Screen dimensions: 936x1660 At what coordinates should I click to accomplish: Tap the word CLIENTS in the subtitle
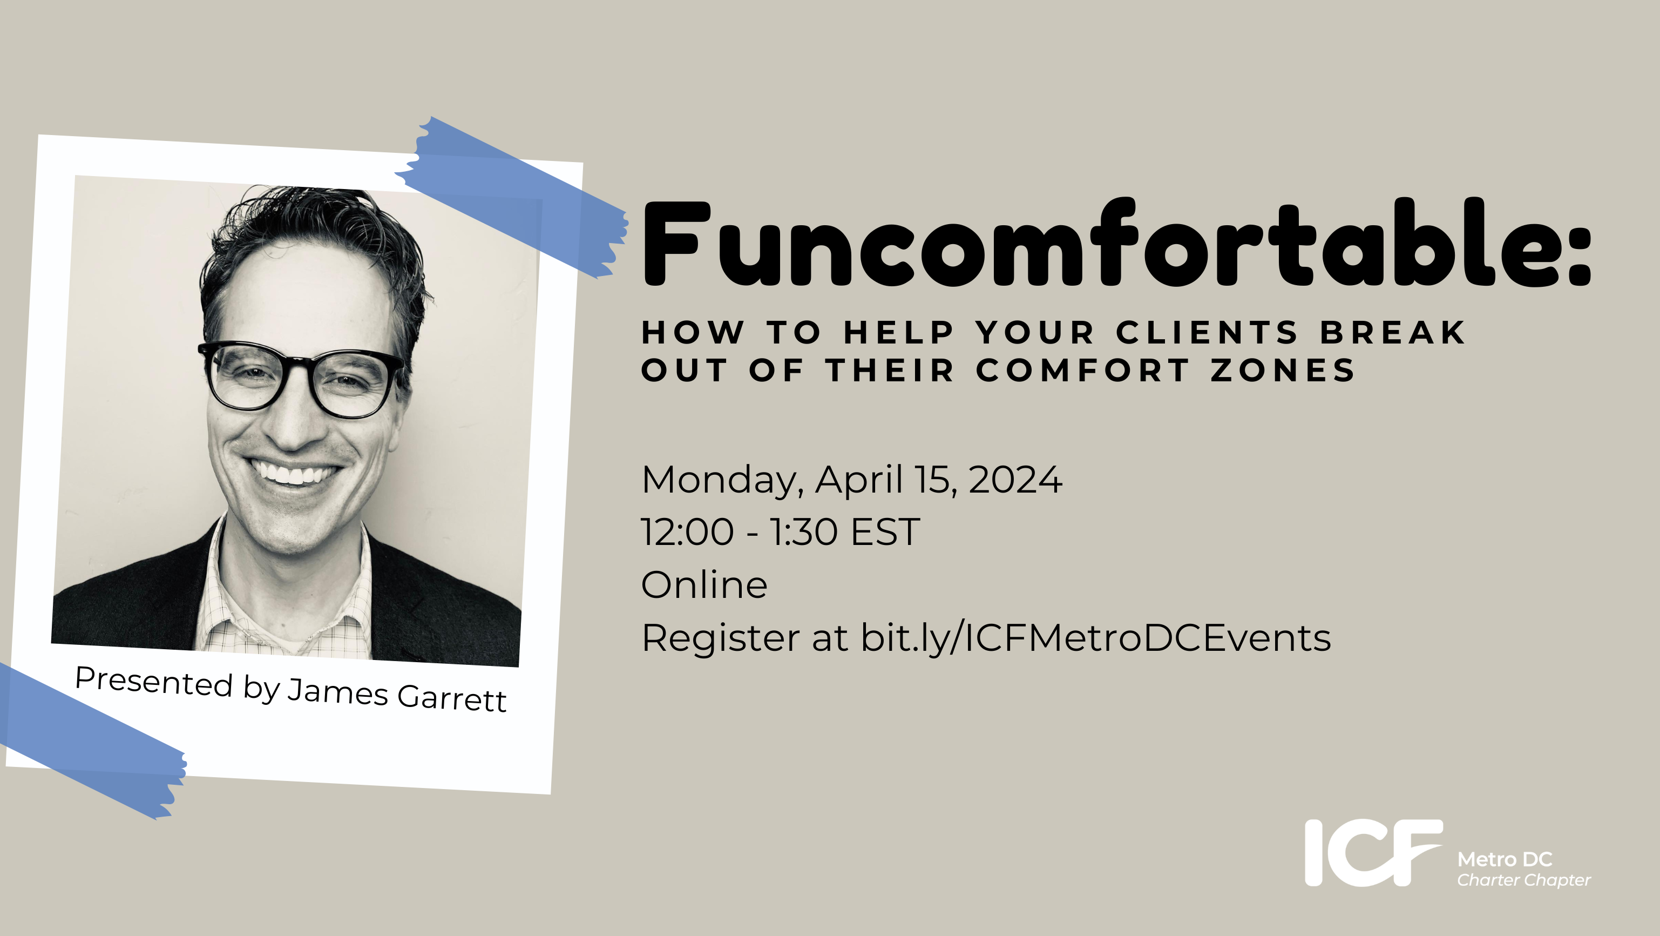(x=1207, y=333)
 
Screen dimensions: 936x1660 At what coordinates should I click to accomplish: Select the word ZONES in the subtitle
(x=1283, y=371)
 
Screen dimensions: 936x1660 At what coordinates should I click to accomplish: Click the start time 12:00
(x=687, y=533)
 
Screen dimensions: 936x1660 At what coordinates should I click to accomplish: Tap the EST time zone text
(x=885, y=533)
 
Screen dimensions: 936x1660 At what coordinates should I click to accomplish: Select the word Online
(x=704, y=585)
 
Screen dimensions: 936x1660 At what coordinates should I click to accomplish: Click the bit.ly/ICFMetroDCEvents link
(x=1095, y=638)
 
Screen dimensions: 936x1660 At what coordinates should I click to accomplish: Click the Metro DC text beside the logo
(x=1505, y=859)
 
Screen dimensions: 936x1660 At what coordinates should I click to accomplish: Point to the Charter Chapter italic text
(x=1524, y=880)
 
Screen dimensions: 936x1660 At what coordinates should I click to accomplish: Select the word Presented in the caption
(x=153, y=682)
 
